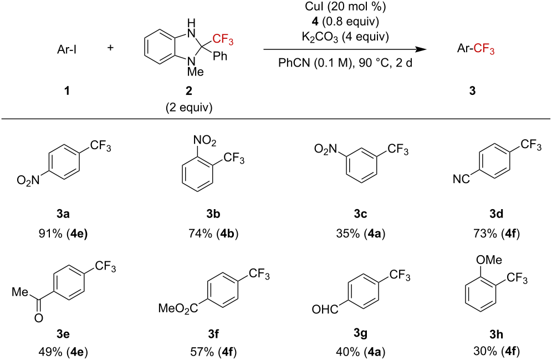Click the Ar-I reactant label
point(67,50)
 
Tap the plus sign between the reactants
point(110,48)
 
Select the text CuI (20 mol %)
point(345,7)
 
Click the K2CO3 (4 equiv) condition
point(345,37)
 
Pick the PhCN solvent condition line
point(345,63)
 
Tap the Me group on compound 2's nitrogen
point(196,72)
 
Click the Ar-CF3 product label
point(476,49)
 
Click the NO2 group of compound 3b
point(205,141)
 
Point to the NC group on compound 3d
point(461,179)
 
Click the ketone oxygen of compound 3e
point(39,318)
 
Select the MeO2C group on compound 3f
point(178,309)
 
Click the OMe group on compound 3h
point(489,260)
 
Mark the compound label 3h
point(496,334)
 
